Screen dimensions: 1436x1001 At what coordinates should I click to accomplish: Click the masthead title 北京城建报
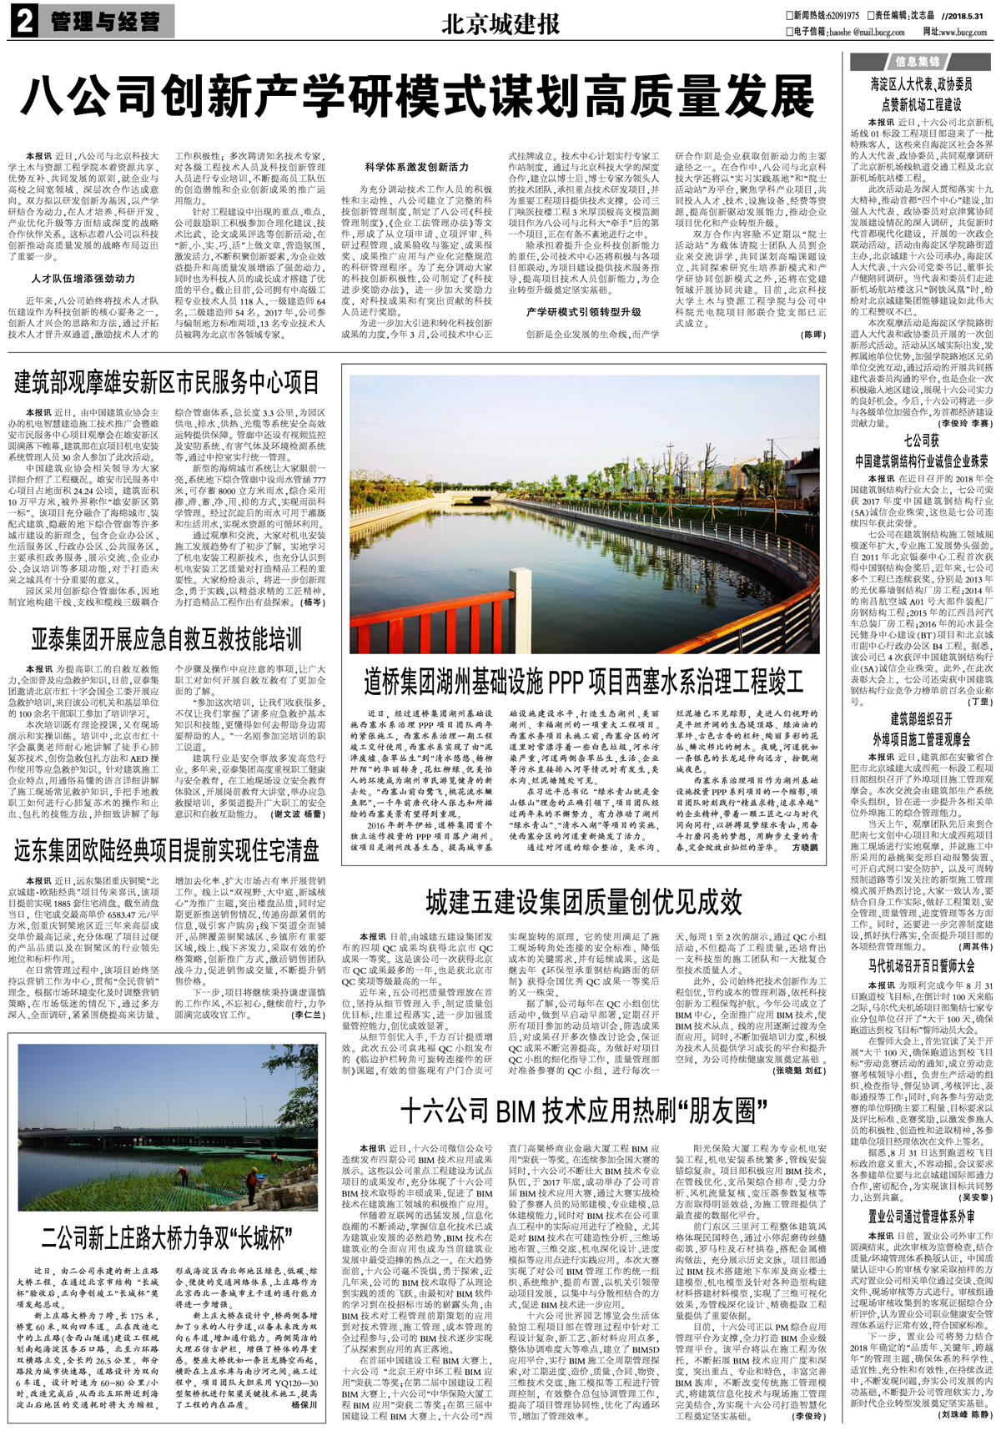click(500, 24)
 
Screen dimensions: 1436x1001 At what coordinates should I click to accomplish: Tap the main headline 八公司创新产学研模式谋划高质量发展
click(417, 97)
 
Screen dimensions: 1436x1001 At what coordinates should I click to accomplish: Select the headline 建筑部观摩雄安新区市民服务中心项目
click(167, 382)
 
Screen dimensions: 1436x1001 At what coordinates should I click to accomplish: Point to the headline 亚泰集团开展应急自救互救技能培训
click(167, 639)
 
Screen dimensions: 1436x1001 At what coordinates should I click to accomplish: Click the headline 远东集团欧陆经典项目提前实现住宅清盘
click(167, 850)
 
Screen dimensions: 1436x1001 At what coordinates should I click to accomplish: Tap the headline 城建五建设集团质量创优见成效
click(584, 901)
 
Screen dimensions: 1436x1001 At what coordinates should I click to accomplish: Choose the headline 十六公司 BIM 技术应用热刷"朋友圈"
click(584, 1111)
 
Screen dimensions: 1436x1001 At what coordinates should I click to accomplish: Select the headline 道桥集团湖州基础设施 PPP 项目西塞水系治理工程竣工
click(584, 682)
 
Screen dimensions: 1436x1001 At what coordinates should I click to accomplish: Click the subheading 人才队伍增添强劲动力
click(83, 279)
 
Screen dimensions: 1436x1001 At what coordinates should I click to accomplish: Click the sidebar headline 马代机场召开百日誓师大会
click(922, 965)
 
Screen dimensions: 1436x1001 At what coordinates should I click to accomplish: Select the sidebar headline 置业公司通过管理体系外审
click(922, 1217)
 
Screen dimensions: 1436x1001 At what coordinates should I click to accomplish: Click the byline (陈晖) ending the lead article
click(812, 335)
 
